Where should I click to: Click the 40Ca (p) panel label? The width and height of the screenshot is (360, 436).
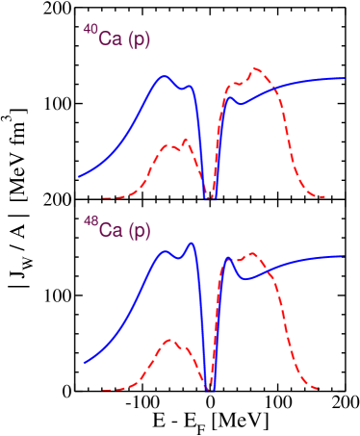pos(116,38)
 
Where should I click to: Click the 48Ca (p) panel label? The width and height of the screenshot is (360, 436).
pos(116,230)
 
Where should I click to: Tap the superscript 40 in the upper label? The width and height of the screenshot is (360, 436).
pos(90,30)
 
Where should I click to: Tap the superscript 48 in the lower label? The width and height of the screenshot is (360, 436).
pos(90,221)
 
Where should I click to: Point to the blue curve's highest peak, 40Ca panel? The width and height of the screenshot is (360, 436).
pos(166,75)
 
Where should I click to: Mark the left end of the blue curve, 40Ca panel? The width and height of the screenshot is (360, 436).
pos(79,176)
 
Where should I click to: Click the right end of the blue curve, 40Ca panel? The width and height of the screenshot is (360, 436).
pos(345,77)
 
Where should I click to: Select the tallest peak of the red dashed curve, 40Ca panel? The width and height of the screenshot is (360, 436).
pos(256,69)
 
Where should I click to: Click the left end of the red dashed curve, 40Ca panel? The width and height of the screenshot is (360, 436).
pos(103,197)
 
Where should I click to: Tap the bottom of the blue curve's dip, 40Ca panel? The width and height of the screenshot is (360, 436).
pos(209,198)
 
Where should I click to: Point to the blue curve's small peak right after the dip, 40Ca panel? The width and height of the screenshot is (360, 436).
pos(231,95)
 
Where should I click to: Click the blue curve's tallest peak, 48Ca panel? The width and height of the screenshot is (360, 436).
pos(191,244)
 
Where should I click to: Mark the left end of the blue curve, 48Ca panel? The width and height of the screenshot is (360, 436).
pos(85,363)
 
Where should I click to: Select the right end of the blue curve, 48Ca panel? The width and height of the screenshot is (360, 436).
pos(345,256)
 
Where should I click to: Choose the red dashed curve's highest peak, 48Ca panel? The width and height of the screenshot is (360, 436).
pos(253,254)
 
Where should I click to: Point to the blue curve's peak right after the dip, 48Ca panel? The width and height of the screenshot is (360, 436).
pos(229,258)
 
